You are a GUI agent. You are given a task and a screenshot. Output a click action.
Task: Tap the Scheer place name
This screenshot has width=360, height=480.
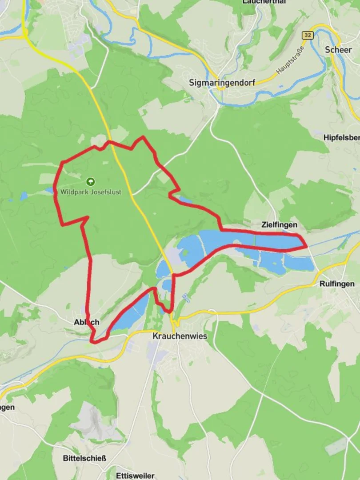coord(338,49)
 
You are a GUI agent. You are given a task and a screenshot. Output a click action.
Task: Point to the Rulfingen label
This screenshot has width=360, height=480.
coord(337,284)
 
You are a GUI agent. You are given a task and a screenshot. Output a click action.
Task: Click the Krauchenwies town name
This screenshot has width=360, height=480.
coord(180,336)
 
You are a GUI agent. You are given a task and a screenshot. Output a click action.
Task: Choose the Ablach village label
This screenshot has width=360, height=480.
coord(87,322)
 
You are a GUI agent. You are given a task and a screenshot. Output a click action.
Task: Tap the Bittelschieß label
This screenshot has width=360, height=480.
coord(84,458)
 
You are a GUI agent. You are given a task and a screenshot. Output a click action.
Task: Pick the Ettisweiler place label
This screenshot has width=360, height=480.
coord(135,475)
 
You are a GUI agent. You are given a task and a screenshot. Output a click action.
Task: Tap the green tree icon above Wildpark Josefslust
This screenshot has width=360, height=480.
coord(91,181)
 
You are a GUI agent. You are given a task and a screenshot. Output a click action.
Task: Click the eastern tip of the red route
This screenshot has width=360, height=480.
coord(306,245)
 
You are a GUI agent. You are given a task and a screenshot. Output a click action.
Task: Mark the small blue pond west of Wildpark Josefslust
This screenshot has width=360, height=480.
coord(23,196)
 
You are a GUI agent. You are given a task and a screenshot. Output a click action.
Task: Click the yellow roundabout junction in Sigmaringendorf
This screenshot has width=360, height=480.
coord(220,88)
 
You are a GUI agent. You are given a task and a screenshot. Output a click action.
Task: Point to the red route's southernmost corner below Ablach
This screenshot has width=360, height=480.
coord(92,341)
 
